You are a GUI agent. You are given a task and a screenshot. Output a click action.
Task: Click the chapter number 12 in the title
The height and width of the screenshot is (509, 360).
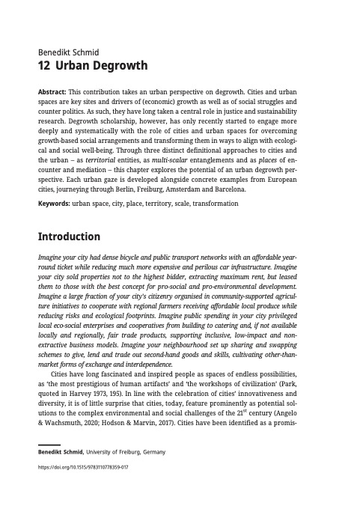click(x=43, y=67)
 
